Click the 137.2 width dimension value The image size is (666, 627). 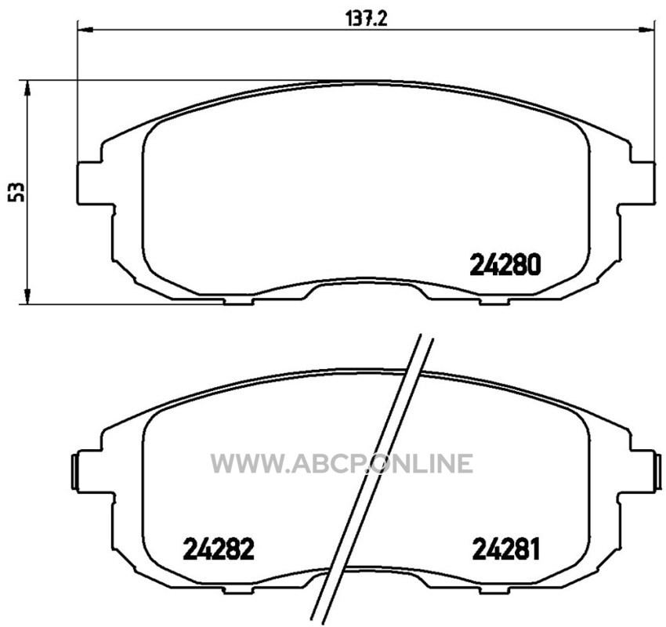click(x=367, y=19)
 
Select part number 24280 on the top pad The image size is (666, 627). click(x=505, y=264)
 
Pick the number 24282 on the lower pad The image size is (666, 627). click(x=219, y=549)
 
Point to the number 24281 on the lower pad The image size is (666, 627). click(x=506, y=549)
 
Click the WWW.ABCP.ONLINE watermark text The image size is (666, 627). click(x=342, y=462)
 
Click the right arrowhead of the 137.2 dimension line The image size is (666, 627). click(x=647, y=30)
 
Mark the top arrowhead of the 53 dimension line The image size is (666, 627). click(x=27, y=88)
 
